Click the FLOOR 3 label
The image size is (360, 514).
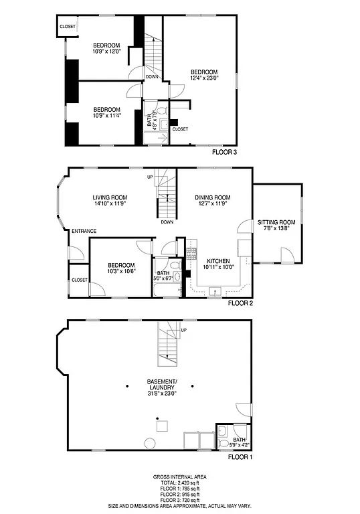point(224,152)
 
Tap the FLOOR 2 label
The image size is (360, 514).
point(240,303)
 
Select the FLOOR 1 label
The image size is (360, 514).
point(240,458)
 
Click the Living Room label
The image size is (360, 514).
point(110,197)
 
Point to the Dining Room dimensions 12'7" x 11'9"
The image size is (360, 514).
point(212,203)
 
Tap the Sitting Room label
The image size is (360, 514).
point(276,222)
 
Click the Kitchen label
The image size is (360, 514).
point(219,261)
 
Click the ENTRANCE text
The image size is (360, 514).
point(84,232)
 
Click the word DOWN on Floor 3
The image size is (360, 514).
point(152,77)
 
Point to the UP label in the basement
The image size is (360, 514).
point(183,330)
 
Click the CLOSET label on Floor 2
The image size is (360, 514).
point(80,280)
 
